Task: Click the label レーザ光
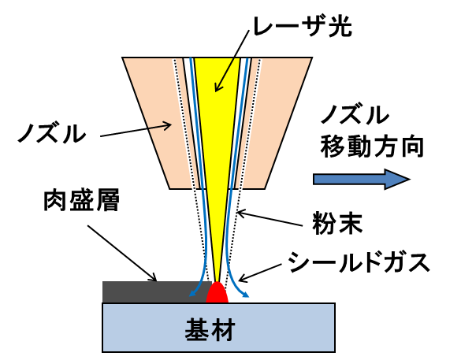click(x=303, y=26)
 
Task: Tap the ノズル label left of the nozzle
click(x=52, y=134)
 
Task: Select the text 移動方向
click(x=372, y=147)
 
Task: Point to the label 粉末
click(x=337, y=223)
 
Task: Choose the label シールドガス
click(x=359, y=262)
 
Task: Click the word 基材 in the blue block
click(x=210, y=329)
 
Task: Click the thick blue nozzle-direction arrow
click(x=362, y=179)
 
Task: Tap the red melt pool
click(x=217, y=292)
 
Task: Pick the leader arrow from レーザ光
click(x=232, y=60)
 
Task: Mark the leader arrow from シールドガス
click(x=261, y=273)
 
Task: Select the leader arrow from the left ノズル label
click(x=136, y=131)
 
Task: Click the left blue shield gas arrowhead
click(x=192, y=293)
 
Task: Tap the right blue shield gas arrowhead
click(x=245, y=294)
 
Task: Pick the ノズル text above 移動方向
click(x=355, y=116)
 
